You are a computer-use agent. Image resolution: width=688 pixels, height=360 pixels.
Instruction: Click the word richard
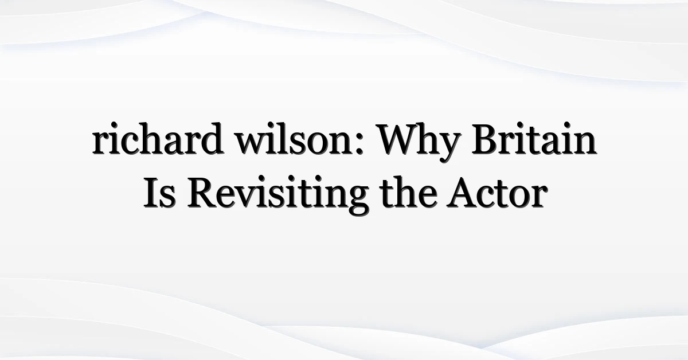click(x=158, y=139)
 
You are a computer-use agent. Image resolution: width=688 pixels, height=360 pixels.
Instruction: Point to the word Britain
click(x=534, y=139)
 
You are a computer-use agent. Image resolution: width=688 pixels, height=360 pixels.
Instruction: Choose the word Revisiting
click(x=278, y=195)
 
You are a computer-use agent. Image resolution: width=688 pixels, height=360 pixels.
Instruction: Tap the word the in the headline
click(x=408, y=192)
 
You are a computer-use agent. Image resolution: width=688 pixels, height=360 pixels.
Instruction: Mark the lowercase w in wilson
click(x=253, y=143)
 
